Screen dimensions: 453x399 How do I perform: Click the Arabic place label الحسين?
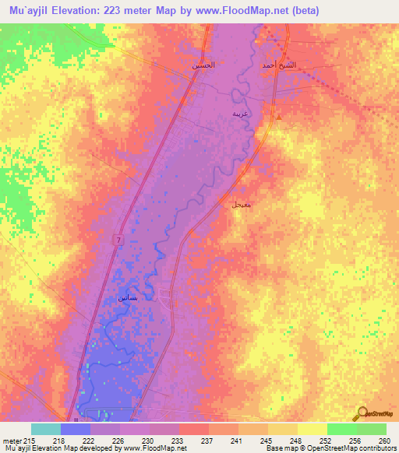point(204,65)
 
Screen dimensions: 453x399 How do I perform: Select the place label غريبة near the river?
point(241,114)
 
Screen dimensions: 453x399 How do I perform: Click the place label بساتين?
point(127,298)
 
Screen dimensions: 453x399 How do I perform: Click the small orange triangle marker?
point(278,118)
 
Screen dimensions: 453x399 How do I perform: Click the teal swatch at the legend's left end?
point(46,429)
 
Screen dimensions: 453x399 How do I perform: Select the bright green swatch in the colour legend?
point(341,429)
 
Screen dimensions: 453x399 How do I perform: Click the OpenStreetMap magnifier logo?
point(362,413)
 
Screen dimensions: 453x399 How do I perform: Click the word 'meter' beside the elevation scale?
point(11,441)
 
